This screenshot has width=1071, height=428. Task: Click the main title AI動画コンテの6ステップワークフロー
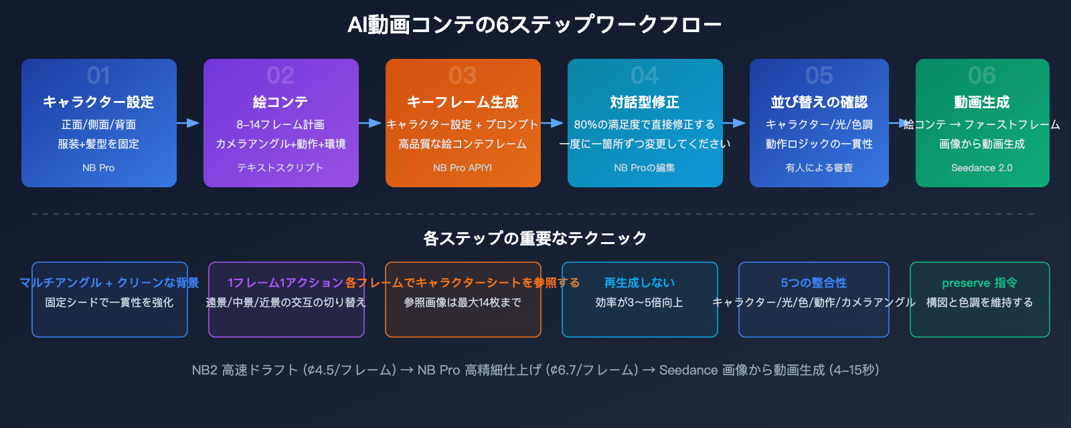(534, 25)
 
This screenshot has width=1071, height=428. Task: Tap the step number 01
(98, 76)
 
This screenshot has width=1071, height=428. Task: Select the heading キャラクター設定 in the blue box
(98, 102)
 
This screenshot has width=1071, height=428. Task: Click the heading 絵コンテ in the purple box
(280, 102)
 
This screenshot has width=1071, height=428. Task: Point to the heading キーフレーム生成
(463, 102)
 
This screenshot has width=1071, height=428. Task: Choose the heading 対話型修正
(645, 102)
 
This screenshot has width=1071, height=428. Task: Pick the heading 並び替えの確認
(819, 102)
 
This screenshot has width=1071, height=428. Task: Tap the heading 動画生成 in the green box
(982, 102)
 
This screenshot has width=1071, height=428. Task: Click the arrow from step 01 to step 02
(189, 123)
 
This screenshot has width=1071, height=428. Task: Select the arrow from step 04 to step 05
(736, 123)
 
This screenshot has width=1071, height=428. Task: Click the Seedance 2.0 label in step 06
(982, 168)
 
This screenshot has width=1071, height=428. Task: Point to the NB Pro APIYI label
(463, 168)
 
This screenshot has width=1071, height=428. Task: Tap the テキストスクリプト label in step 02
(280, 168)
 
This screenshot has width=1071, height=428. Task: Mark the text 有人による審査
(819, 168)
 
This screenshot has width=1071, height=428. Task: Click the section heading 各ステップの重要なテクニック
(535, 239)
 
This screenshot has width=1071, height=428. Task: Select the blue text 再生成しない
(639, 283)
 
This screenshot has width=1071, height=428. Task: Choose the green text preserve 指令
(979, 283)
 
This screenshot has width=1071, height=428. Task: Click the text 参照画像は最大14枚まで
(463, 302)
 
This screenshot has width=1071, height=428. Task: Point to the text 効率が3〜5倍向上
(639, 302)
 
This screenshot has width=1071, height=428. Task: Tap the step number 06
(982, 76)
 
